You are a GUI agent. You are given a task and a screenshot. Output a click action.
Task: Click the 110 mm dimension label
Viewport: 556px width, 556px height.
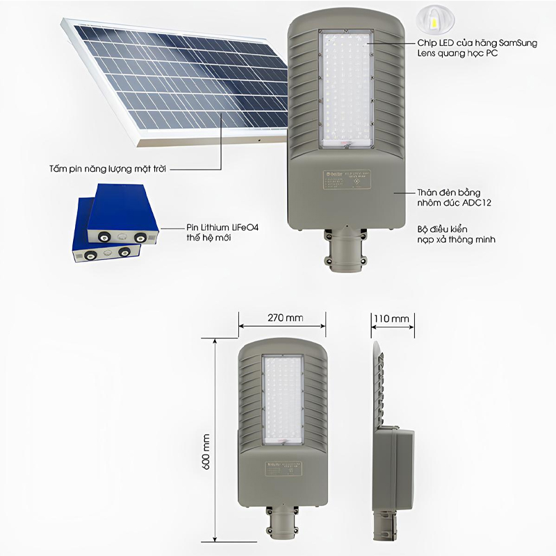[x=391, y=318]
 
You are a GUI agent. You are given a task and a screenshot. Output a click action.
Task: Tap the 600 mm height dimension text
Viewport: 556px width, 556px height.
[x=206, y=451]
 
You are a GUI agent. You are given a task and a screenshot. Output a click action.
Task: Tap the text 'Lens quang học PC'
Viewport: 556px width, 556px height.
[x=457, y=53]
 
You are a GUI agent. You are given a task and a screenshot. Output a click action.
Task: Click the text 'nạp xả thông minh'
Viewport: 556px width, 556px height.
[x=457, y=238]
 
